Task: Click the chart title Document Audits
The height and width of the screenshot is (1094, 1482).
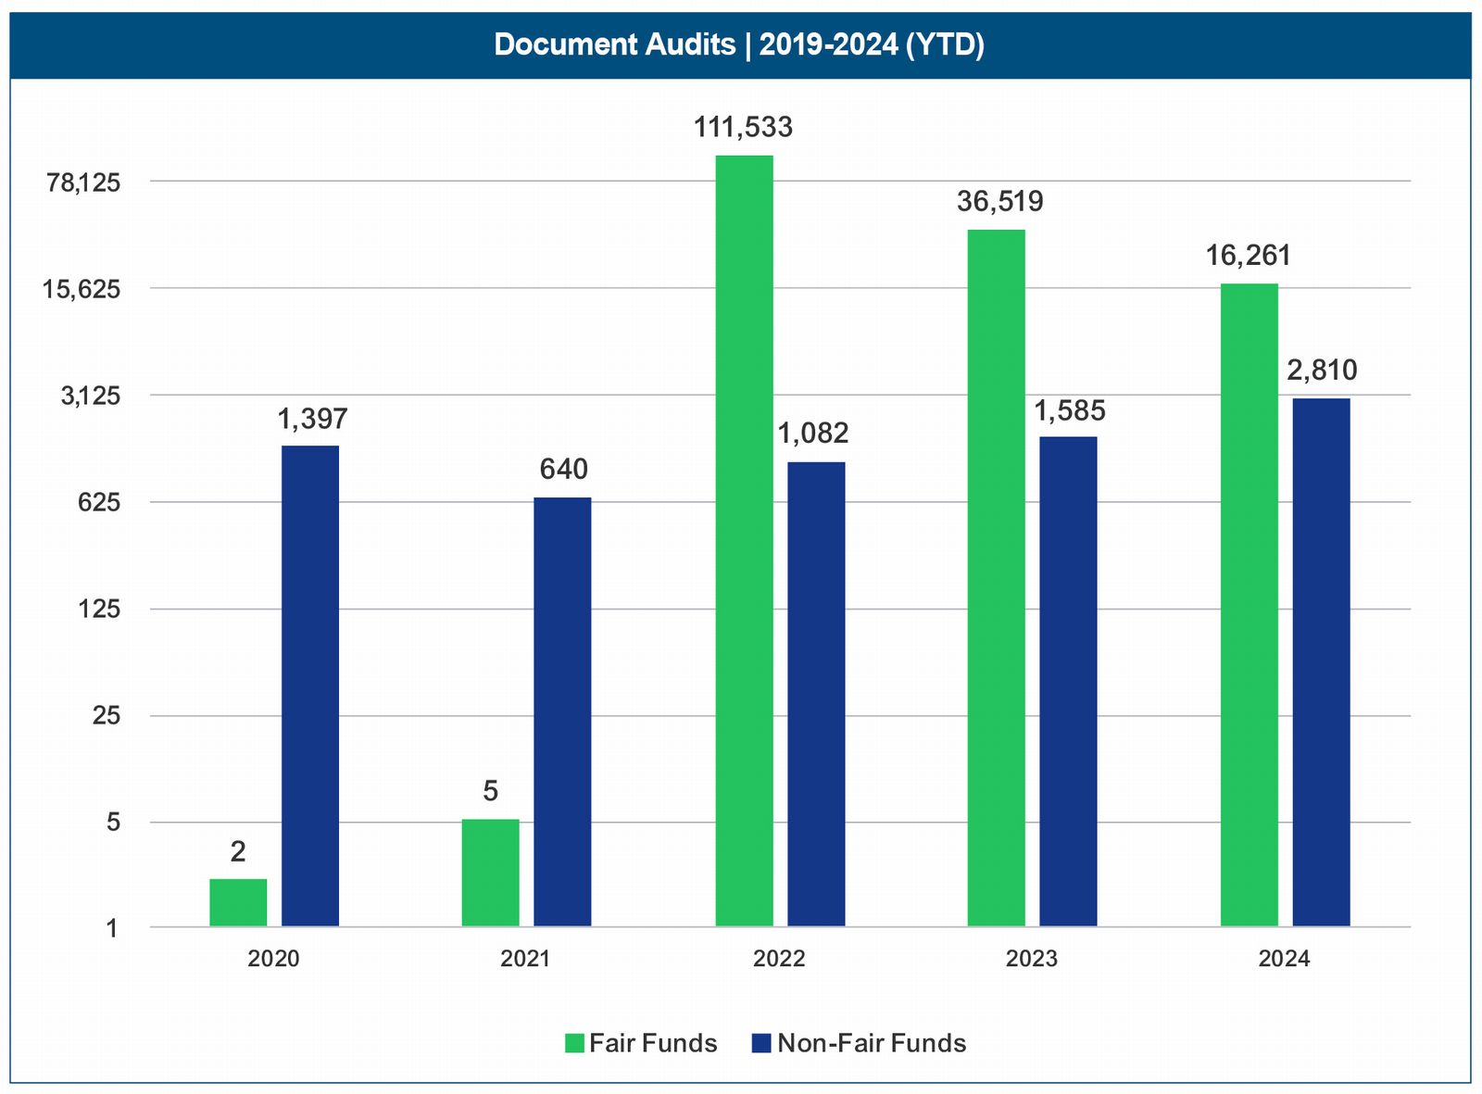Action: coord(738,44)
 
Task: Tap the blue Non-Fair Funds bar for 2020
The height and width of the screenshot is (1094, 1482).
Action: coord(310,685)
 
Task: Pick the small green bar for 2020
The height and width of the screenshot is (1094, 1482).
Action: coord(238,902)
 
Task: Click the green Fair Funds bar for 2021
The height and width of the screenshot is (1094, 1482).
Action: coord(490,873)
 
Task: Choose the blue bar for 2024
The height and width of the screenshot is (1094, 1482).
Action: coord(1321,661)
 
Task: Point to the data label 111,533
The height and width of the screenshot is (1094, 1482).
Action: coord(743,127)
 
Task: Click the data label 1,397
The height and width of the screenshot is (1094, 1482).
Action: coord(312,420)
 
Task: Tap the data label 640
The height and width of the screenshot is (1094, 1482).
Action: coord(563,470)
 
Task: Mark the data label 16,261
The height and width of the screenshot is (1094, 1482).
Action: coord(1248,256)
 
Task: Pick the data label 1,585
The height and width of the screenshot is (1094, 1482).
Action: coord(1069,410)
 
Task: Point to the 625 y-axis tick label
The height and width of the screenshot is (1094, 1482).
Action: coord(100,503)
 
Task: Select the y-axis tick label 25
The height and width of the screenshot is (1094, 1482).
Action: coord(107,716)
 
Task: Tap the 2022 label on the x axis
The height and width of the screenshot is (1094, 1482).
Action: coord(779,959)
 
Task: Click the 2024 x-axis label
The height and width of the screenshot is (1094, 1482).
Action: coord(1284,959)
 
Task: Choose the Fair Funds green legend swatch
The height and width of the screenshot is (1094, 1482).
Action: coord(574,1043)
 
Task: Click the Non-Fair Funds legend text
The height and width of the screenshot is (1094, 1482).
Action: coord(871,1043)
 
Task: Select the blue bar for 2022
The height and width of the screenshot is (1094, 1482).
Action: coord(816,694)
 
